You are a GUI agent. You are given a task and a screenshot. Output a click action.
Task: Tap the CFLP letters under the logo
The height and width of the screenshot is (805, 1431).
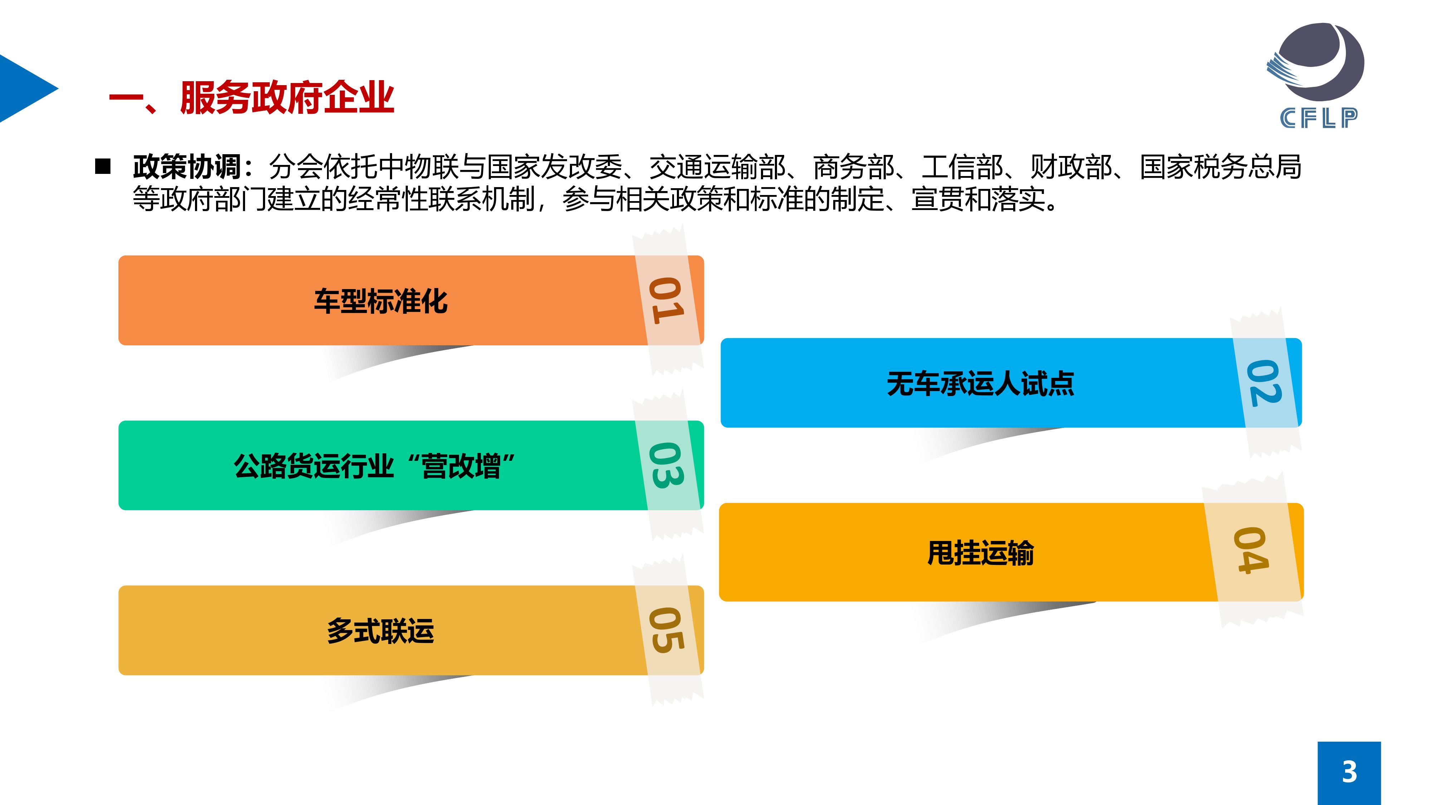pos(1319,118)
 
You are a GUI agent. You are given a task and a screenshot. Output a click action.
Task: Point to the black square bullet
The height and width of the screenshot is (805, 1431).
pos(103,167)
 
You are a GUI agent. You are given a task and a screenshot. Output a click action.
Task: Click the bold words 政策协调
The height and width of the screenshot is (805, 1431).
pos(187,167)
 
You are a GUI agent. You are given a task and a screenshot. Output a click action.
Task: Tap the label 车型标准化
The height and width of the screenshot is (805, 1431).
pos(381,301)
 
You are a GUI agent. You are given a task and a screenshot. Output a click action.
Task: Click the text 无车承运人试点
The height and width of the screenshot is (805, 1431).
pos(981,383)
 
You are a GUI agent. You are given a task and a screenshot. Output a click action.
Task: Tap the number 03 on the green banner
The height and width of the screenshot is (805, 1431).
pos(666,465)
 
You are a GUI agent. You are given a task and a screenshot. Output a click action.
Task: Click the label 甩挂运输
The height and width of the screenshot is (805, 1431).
pos(981,553)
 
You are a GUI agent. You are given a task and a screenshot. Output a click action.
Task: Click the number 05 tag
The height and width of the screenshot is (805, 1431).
pos(666,630)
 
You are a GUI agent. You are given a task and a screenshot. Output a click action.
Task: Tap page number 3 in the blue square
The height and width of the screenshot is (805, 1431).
pos(1349,772)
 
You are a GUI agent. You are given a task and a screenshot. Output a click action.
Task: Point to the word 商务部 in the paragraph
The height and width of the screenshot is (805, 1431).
pos(853,167)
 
